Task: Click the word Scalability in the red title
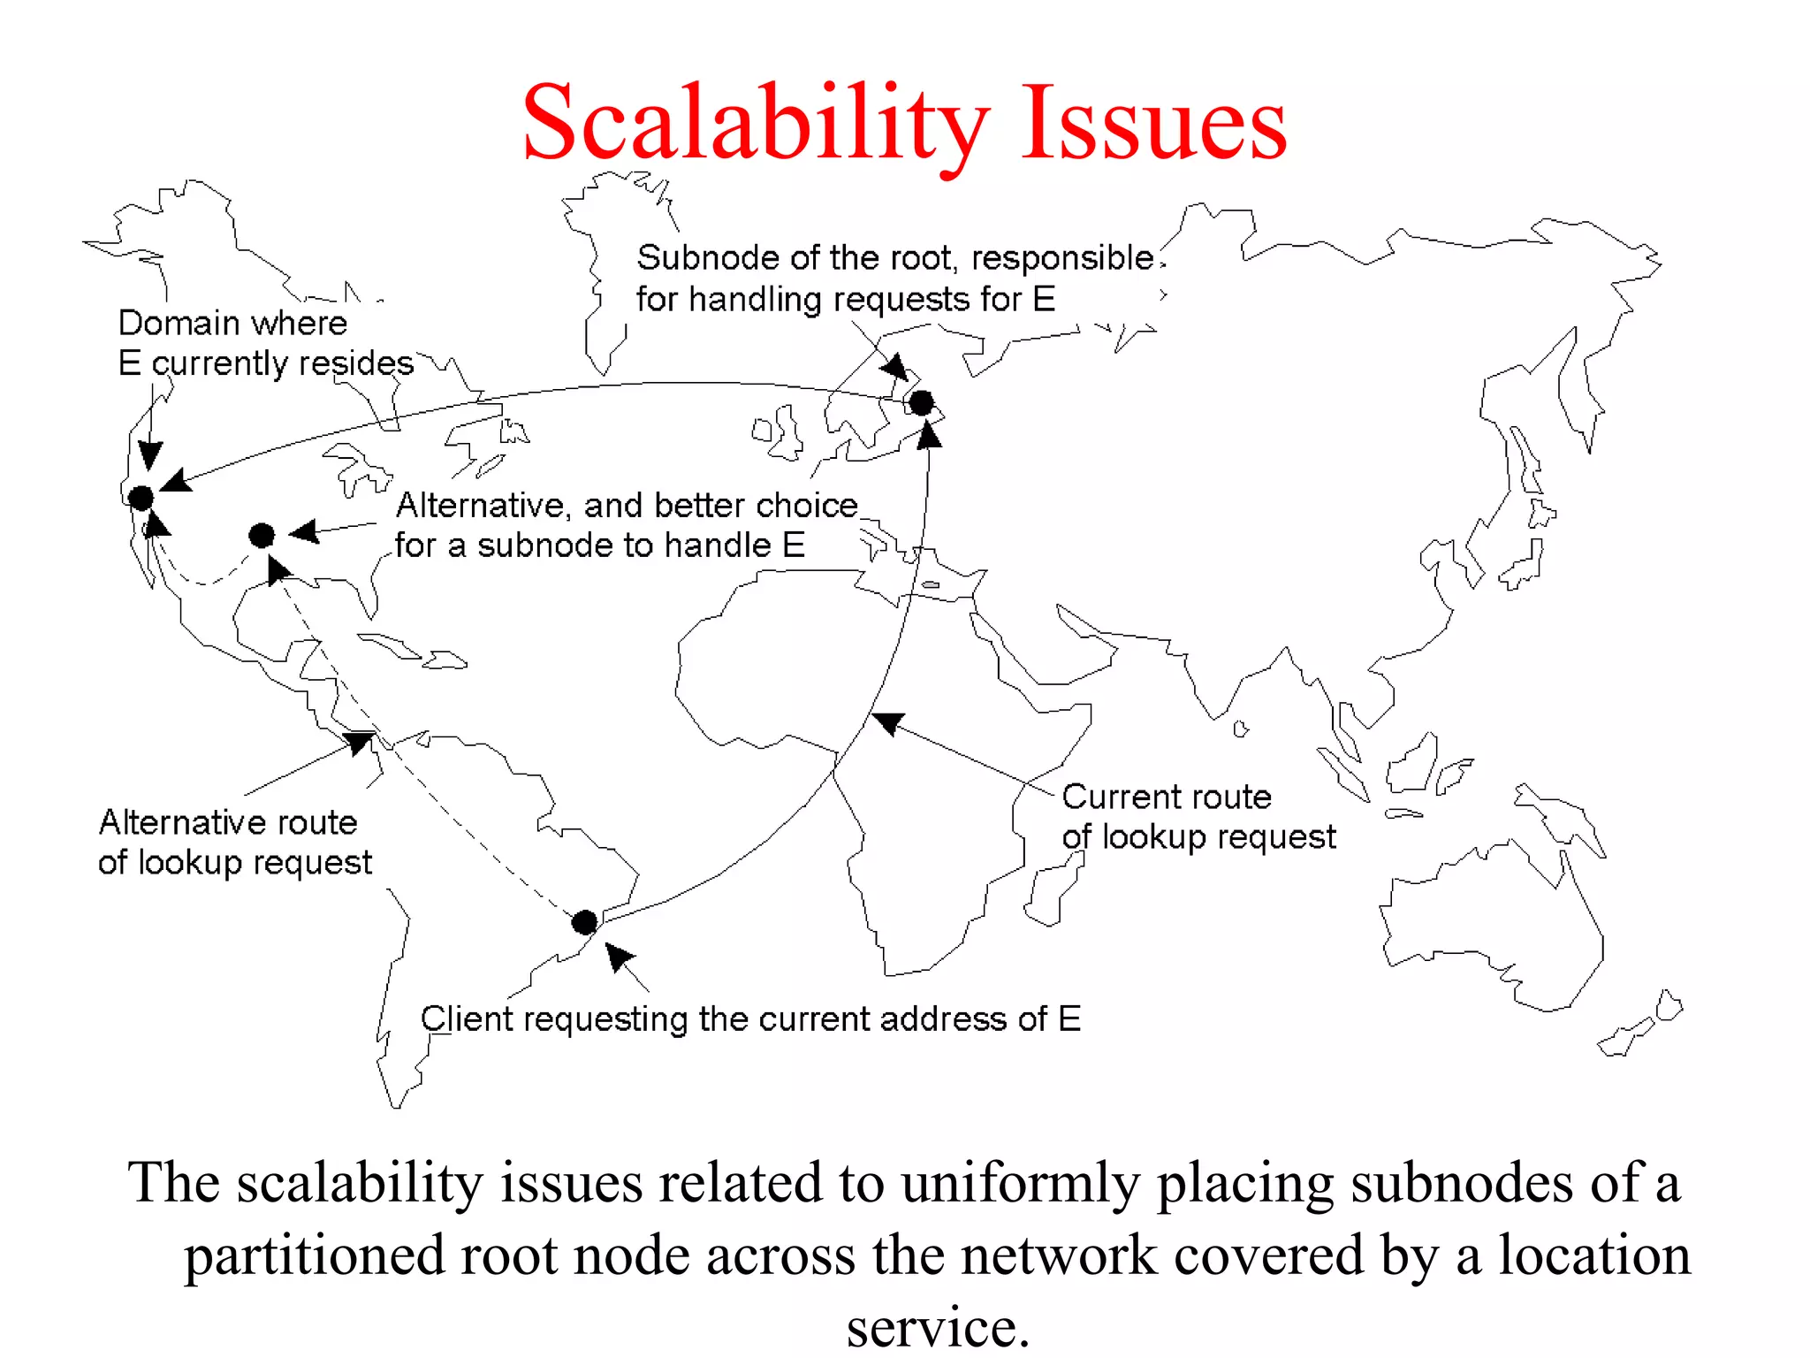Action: [x=756, y=124]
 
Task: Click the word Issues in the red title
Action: [x=1153, y=124]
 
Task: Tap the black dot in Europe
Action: [x=922, y=403]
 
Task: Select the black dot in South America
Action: [x=584, y=922]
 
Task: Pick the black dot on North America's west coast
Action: [x=141, y=498]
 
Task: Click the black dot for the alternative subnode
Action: [x=262, y=535]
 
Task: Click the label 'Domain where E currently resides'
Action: [x=265, y=343]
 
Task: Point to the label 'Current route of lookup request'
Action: [x=1198, y=817]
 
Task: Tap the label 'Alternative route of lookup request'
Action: [x=234, y=842]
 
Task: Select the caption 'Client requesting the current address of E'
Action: [x=750, y=1019]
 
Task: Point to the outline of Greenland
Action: [x=610, y=265]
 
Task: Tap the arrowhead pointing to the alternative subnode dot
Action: [x=305, y=531]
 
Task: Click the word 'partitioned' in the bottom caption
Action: [x=314, y=1256]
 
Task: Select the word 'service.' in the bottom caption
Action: [x=938, y=1327]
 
